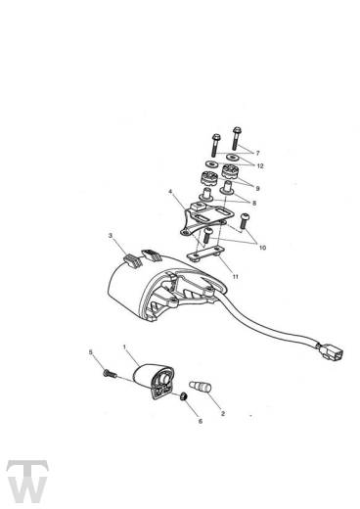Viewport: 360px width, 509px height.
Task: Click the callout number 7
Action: click(257, 153)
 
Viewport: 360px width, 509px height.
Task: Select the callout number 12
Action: click(260, 165)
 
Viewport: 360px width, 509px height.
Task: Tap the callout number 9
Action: click(257, 188)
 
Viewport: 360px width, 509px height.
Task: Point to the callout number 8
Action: click(254, 203)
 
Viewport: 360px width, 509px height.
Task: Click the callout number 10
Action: click(262, 248)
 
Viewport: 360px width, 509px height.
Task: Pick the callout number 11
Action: click(235, 277)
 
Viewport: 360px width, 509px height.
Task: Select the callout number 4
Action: click(170, 191)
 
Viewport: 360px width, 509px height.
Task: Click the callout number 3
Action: click(111, 235)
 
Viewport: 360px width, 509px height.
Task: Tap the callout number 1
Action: click(124, 347)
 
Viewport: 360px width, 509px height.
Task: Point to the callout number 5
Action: click(91, 352)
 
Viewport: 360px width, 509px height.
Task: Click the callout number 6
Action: click(201, 421)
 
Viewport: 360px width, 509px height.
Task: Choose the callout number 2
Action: click(223, 413)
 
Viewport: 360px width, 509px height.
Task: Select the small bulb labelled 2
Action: click(200, 386)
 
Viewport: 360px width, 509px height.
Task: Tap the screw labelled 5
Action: click(110, 374)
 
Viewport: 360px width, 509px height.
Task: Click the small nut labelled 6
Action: click(184, 396)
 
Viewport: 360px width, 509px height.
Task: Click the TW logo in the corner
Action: click(27, 481)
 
